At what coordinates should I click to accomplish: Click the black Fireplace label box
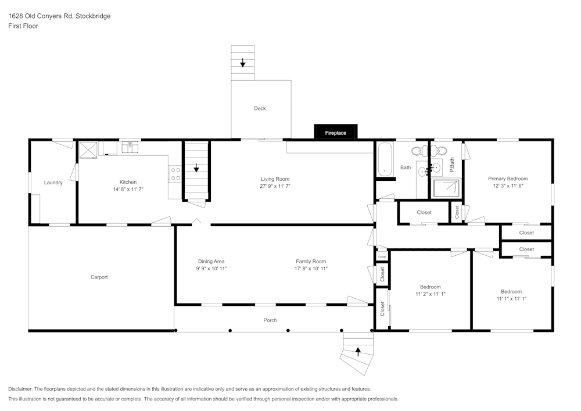(335, 133)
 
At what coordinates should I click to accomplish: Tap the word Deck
(260, 108)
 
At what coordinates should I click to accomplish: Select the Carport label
(99, 277)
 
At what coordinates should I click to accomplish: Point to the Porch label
(270, 320)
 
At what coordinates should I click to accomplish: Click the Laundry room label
(53, 183)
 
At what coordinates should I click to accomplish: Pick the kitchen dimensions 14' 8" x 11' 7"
(128, 190)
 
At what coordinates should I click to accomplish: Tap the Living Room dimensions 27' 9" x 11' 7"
(274, 187)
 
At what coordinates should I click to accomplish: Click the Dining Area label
(211, 262)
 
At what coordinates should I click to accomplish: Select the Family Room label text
(311, 262)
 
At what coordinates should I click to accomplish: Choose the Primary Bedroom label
(508, 178)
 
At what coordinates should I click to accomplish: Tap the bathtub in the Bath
(385, 160)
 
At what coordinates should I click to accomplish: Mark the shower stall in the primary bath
(446, 188)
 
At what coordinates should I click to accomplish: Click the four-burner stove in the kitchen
(175, 174)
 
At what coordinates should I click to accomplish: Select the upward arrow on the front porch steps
(358, 351)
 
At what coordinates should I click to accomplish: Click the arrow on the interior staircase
(196, 168)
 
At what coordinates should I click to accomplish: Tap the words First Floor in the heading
(23, 26)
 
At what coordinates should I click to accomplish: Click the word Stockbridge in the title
(93, 16)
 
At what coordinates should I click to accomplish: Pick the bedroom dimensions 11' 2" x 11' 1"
(431, 295)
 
